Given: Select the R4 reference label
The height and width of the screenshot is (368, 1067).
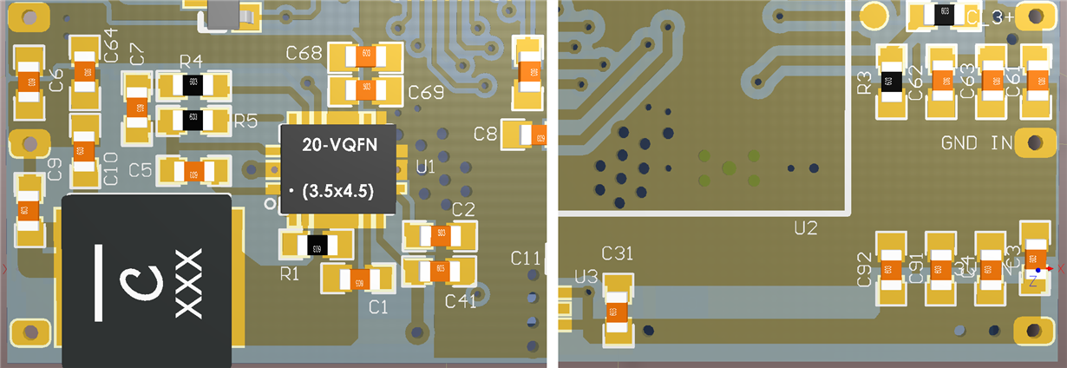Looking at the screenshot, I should click(x=191, y=62).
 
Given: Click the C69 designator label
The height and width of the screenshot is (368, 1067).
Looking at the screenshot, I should click(x=426, y=92).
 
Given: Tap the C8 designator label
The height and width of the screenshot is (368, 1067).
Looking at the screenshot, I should click(x=486, y=134).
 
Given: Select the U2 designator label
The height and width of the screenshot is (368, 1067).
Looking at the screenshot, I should click(x=806, y=228).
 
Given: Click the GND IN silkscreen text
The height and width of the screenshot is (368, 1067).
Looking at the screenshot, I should click(x=977, y=142).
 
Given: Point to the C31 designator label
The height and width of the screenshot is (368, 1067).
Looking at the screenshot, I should click(x=618, y=253).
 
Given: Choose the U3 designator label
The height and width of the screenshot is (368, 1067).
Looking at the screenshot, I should click(x=586, y=277).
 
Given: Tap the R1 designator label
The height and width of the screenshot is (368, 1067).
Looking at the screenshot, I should click(x=290, y=274).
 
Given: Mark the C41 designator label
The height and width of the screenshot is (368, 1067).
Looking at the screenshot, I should click(x=461, y=300).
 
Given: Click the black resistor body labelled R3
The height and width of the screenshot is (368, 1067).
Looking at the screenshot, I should click(x=887, y=82).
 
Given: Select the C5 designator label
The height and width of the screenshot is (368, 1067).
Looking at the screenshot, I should click(x=141, y=170).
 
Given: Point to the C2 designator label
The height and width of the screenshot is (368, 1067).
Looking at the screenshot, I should click(x=463, y=209).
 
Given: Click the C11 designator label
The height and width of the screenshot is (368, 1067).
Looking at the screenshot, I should click(x=526, y=258).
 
